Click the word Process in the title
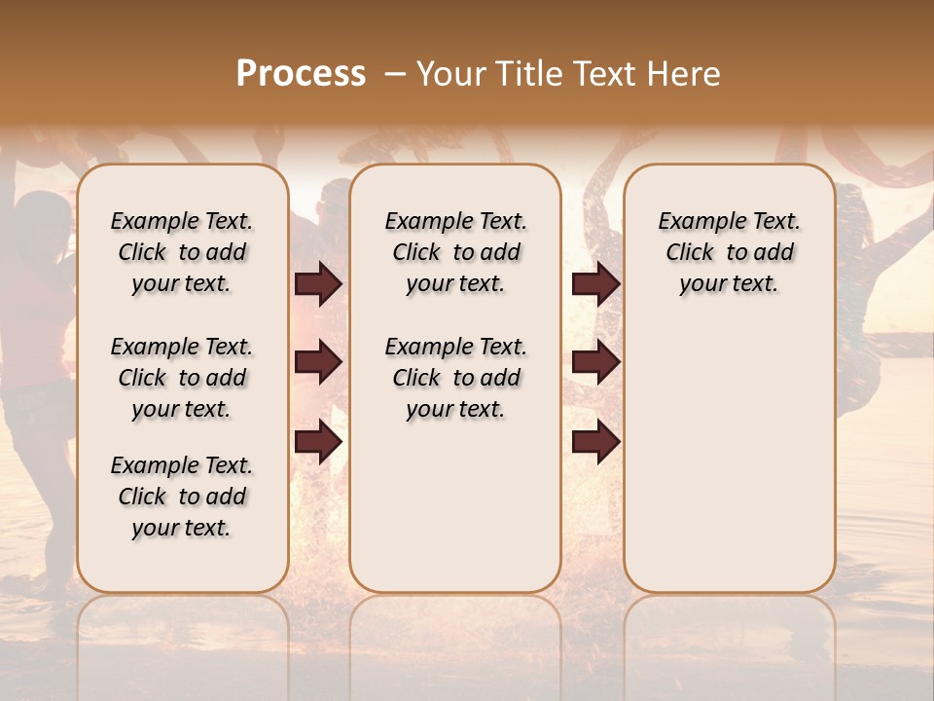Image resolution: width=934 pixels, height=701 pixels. click(301, 74)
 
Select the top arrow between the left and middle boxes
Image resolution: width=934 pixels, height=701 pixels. click(318, 283)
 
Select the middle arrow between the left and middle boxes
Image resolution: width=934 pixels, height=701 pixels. click(318, 362)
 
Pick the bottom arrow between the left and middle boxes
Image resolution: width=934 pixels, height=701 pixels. click(318, 442)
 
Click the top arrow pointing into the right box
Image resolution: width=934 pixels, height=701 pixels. click(595, 283)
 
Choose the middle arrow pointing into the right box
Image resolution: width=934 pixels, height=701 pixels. click(595, 362)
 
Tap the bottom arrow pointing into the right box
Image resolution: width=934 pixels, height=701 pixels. click(595, 442)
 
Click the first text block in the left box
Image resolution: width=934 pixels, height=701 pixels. click(182, 252)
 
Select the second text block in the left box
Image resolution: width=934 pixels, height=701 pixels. click(182, 378)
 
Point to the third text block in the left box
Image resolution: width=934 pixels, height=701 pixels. click(182, 497)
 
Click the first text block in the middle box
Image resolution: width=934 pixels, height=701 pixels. click(455, 252)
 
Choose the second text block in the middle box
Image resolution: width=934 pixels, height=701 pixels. click(455, 378)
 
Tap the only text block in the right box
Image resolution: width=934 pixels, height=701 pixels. click(729, 252)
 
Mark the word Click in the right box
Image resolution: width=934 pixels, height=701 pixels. click(690, 253)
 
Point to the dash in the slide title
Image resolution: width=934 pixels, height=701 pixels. click(394, 75)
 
